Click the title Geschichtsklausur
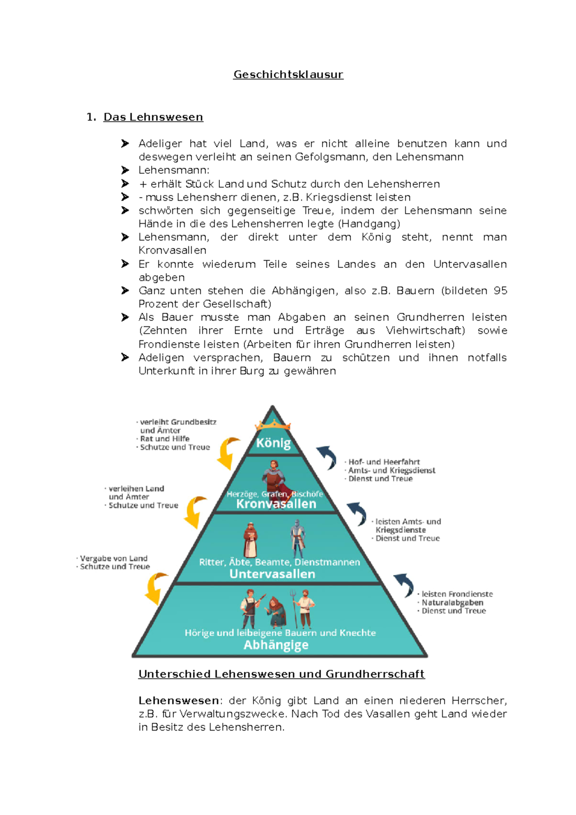[x=288, y=74]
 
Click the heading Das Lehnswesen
[x=153, y=117]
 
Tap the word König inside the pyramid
[x=273, y=443]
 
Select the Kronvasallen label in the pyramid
[x=276, y=503]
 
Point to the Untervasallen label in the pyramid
[x=272, y=574]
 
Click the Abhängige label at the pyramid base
[x=276, y=645]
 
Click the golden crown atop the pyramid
[x=273, y=424]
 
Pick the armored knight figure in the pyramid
[x=298, y=538]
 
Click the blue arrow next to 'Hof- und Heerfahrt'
[x=327, y=456]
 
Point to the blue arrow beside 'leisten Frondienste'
[x=404, y=585]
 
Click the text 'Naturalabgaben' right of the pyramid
[x=452, y=602]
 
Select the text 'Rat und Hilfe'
[x=165, y=439]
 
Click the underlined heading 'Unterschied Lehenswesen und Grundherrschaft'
[x=281, y=674]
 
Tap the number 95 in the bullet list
[x=500, y=290]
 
